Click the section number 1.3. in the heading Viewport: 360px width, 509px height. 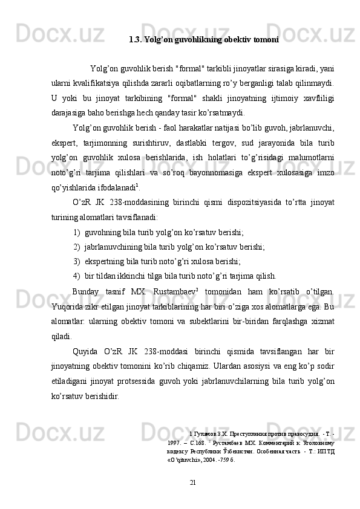coord(136,41)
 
